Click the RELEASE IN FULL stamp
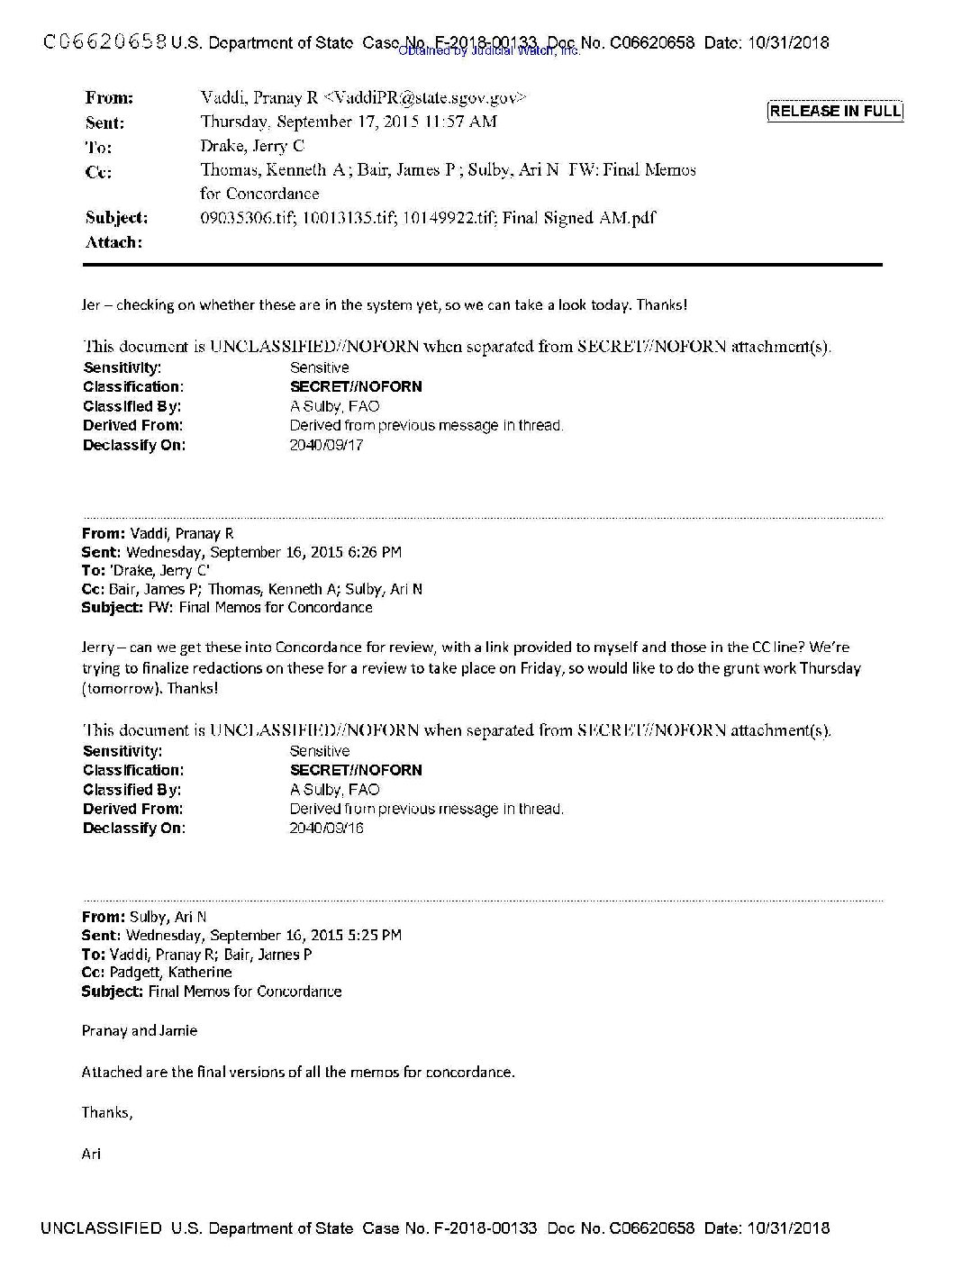click(x=834, y=111)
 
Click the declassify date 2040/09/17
click(x=326, y=445)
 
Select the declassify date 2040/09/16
click(x=326, y=829)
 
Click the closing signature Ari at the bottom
click(x=91, y=1153)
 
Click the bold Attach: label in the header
click(x=113, y=242)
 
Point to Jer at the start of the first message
click(x=92, y=304)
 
